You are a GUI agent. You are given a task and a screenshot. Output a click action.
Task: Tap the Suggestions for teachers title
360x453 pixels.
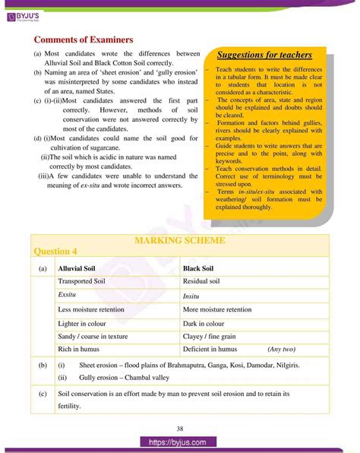pyautogui.click(x=264, y=55)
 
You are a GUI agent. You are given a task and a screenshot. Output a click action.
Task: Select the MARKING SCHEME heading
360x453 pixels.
pyautogui.click(x=179, y=240)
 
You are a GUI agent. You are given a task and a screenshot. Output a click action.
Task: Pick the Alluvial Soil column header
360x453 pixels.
pyautogui.click(x=82, y=268)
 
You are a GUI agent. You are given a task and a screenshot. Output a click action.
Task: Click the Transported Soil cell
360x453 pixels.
pyautogui.click(x=86, y=281)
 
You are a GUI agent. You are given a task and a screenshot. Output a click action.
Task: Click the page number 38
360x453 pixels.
pyautogui.click(x=180, y=427)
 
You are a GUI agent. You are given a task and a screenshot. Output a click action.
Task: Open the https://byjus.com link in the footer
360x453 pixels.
pyautogui.click(x=179, y=443)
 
